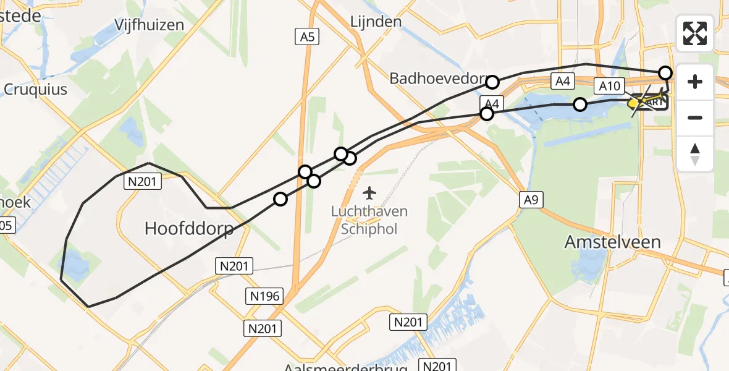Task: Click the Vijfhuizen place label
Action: point(150,25)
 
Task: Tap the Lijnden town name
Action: point(376,22)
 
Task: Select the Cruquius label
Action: point(35,89)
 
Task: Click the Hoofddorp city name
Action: point(189,229)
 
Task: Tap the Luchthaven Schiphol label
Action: point(369,220)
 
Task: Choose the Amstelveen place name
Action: point(612,242)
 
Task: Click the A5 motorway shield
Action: point(306,38)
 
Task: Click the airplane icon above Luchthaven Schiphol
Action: point(369,193)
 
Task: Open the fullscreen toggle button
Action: point(695,33)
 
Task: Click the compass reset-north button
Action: point(695,153)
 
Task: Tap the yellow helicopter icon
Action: point(635,103)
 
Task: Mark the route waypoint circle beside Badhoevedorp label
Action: point(492,82)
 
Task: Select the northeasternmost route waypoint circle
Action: point(665,73)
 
